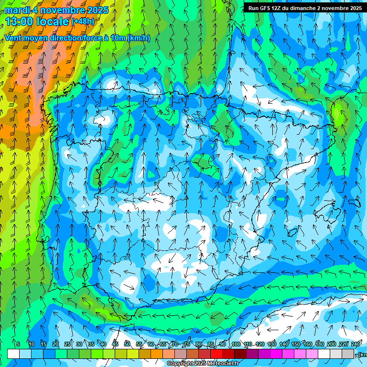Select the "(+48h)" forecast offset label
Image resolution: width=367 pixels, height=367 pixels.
click(83, 22)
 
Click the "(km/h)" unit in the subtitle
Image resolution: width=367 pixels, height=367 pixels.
click(139, 38)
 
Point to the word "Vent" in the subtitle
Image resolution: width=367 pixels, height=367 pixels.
click(13, 38)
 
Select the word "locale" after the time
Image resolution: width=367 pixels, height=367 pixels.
click(53, 22)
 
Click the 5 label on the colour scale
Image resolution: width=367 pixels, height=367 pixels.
click(18, 345)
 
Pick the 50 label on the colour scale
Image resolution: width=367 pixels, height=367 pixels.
click(127, 345)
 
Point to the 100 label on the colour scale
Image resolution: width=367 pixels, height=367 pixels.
click(236, 345)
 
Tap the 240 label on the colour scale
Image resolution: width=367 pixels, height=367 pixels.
click(356, 345)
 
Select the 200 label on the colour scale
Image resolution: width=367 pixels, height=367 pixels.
click(332, 345)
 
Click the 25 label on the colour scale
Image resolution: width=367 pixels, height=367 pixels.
click(67, 345)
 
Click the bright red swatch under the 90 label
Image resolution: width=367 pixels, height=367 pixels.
click(216, 354)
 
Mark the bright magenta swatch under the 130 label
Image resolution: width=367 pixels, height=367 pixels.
click(276, 354)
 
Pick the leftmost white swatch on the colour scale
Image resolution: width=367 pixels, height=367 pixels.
click(13, 354)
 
